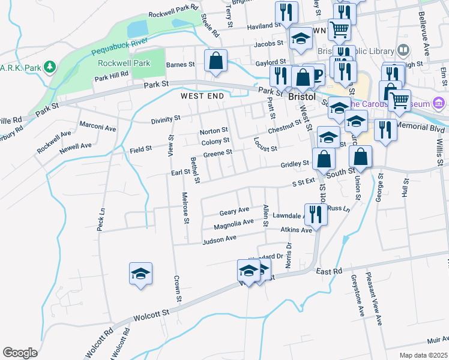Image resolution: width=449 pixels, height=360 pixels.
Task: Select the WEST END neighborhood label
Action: pos(202,96)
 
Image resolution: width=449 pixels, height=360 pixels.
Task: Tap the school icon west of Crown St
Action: pos(140,275)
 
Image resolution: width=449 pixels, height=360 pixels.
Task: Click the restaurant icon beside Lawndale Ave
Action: pos(316,214)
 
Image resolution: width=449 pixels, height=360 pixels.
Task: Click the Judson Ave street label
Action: pos(220,240)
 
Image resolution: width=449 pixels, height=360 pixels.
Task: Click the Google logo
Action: pos(20,353)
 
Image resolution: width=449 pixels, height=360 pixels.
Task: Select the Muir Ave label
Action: pos(438,338)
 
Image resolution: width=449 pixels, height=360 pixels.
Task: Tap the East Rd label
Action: pos(329,272)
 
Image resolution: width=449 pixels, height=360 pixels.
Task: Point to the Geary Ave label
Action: pos(234,212)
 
